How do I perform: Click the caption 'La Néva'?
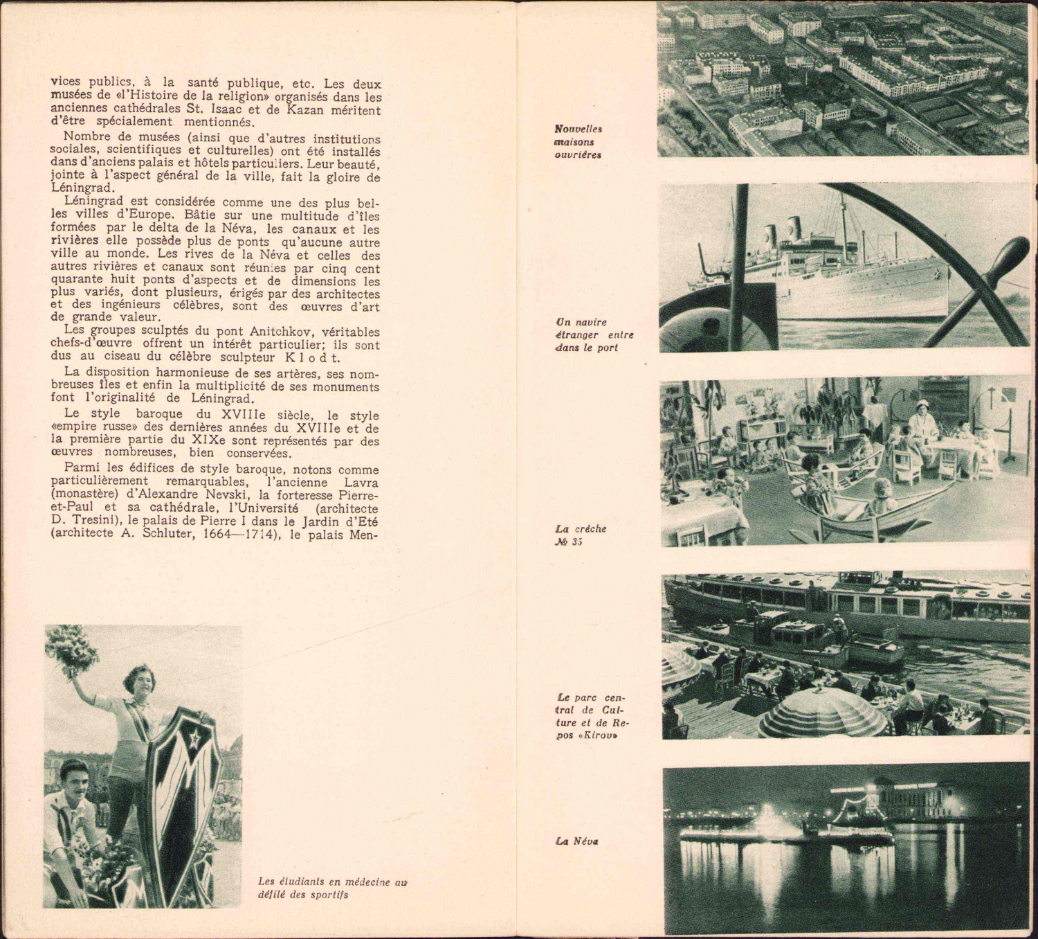576,841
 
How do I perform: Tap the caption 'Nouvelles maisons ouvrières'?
578,142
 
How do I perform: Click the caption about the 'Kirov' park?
592,716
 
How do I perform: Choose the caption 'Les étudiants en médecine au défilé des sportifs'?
332,888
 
